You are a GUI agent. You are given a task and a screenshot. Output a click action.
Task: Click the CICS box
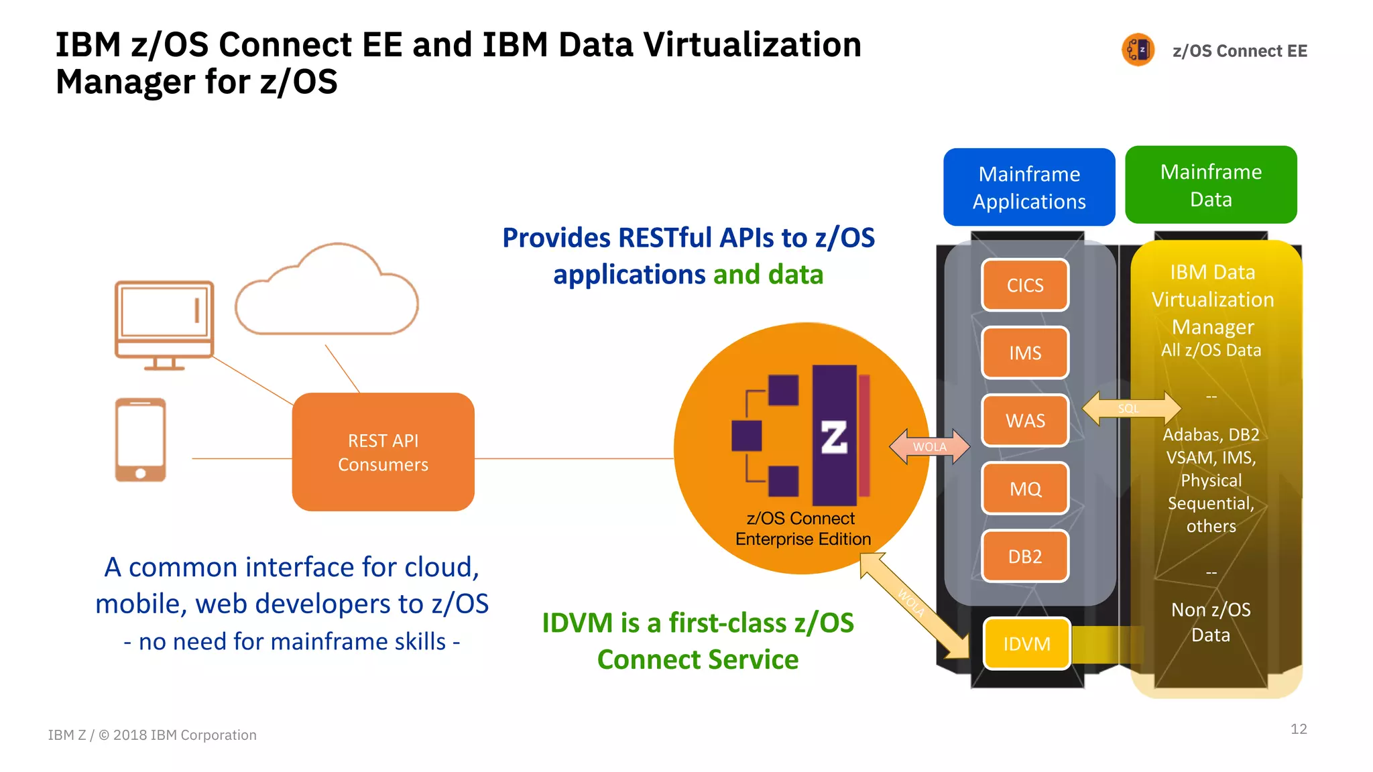(1025, 285)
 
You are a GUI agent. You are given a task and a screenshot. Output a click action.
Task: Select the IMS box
(1025, 353)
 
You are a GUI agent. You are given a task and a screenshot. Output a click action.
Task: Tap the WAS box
(1025, 421)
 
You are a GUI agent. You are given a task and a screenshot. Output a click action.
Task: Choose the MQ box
(1025, 489)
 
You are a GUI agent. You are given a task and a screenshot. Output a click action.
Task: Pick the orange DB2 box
(1025, 556)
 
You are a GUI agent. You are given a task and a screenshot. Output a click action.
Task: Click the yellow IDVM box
(1026, 644)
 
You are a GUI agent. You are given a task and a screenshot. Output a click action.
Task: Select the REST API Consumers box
(383, 452)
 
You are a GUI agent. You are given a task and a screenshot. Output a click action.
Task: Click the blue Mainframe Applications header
(1029, 188)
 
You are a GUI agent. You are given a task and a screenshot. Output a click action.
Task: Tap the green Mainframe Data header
(1211, 185)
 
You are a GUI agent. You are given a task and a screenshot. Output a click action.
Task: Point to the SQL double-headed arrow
(1131, 408)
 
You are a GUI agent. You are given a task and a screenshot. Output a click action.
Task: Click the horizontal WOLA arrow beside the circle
(929, 447)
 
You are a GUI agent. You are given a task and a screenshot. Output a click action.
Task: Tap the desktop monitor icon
(164, 324)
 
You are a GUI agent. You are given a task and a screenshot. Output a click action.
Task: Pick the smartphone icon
(140, 440)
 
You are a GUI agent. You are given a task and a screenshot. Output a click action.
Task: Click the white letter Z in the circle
(834, 438)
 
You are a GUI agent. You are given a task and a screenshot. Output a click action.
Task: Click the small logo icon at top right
(1138, 50)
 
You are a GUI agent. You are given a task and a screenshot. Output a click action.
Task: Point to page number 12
(1299, 729)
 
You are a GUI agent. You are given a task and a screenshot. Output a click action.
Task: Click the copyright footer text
(152, 735)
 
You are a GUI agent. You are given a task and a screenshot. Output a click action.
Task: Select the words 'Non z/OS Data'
(1211, 622)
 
